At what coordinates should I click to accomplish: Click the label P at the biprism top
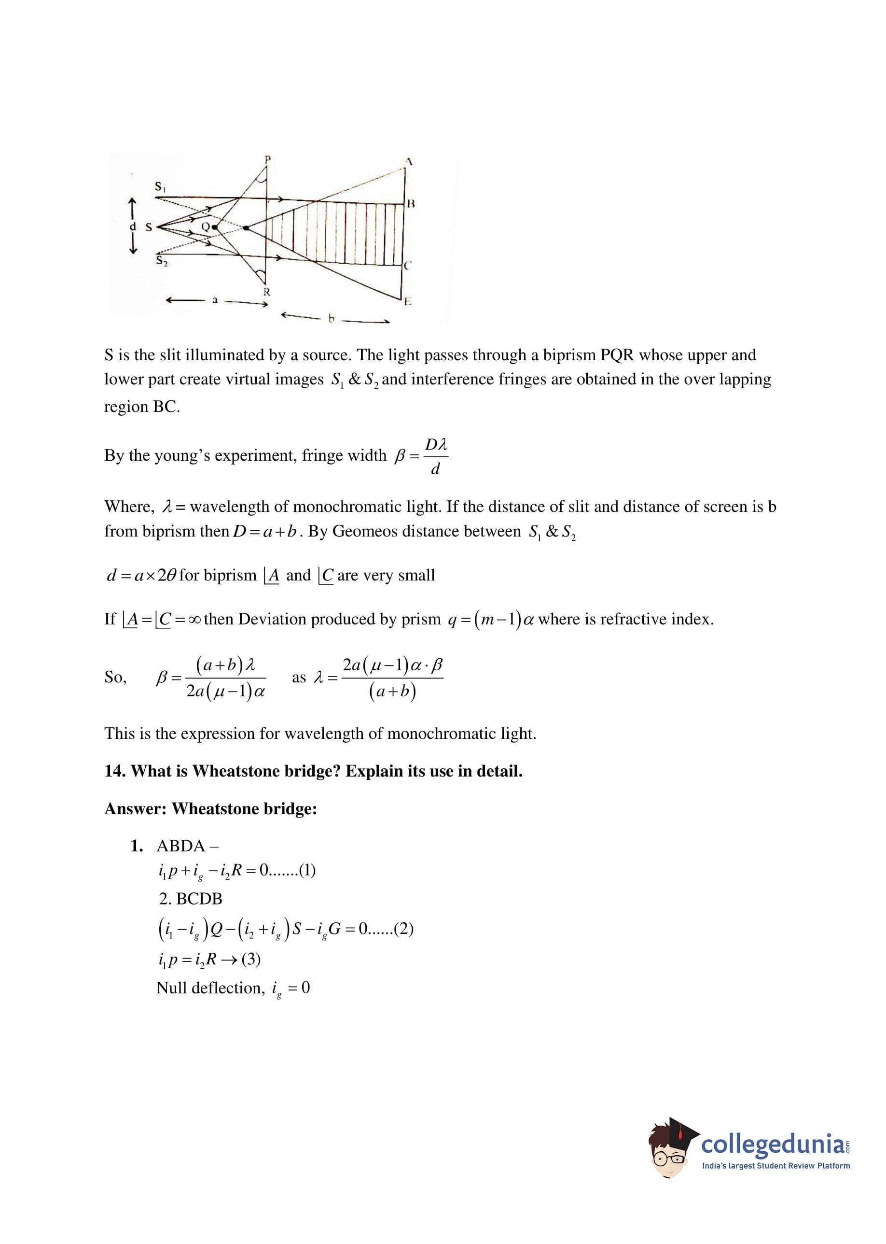267,159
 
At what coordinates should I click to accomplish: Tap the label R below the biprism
267,292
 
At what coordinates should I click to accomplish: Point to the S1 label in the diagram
160,187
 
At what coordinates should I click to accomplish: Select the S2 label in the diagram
162,261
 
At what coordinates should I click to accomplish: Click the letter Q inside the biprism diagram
206,226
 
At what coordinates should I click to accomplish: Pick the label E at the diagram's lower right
408,301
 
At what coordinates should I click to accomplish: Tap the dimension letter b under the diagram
331,319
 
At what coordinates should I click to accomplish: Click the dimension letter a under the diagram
215,300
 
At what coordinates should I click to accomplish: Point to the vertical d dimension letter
132,226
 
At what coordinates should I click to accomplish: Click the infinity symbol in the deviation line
193,620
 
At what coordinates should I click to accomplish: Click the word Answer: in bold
135,808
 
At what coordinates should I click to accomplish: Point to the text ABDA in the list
180,846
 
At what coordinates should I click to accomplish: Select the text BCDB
199,899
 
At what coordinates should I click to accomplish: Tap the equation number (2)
403,929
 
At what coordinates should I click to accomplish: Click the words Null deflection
210,988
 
